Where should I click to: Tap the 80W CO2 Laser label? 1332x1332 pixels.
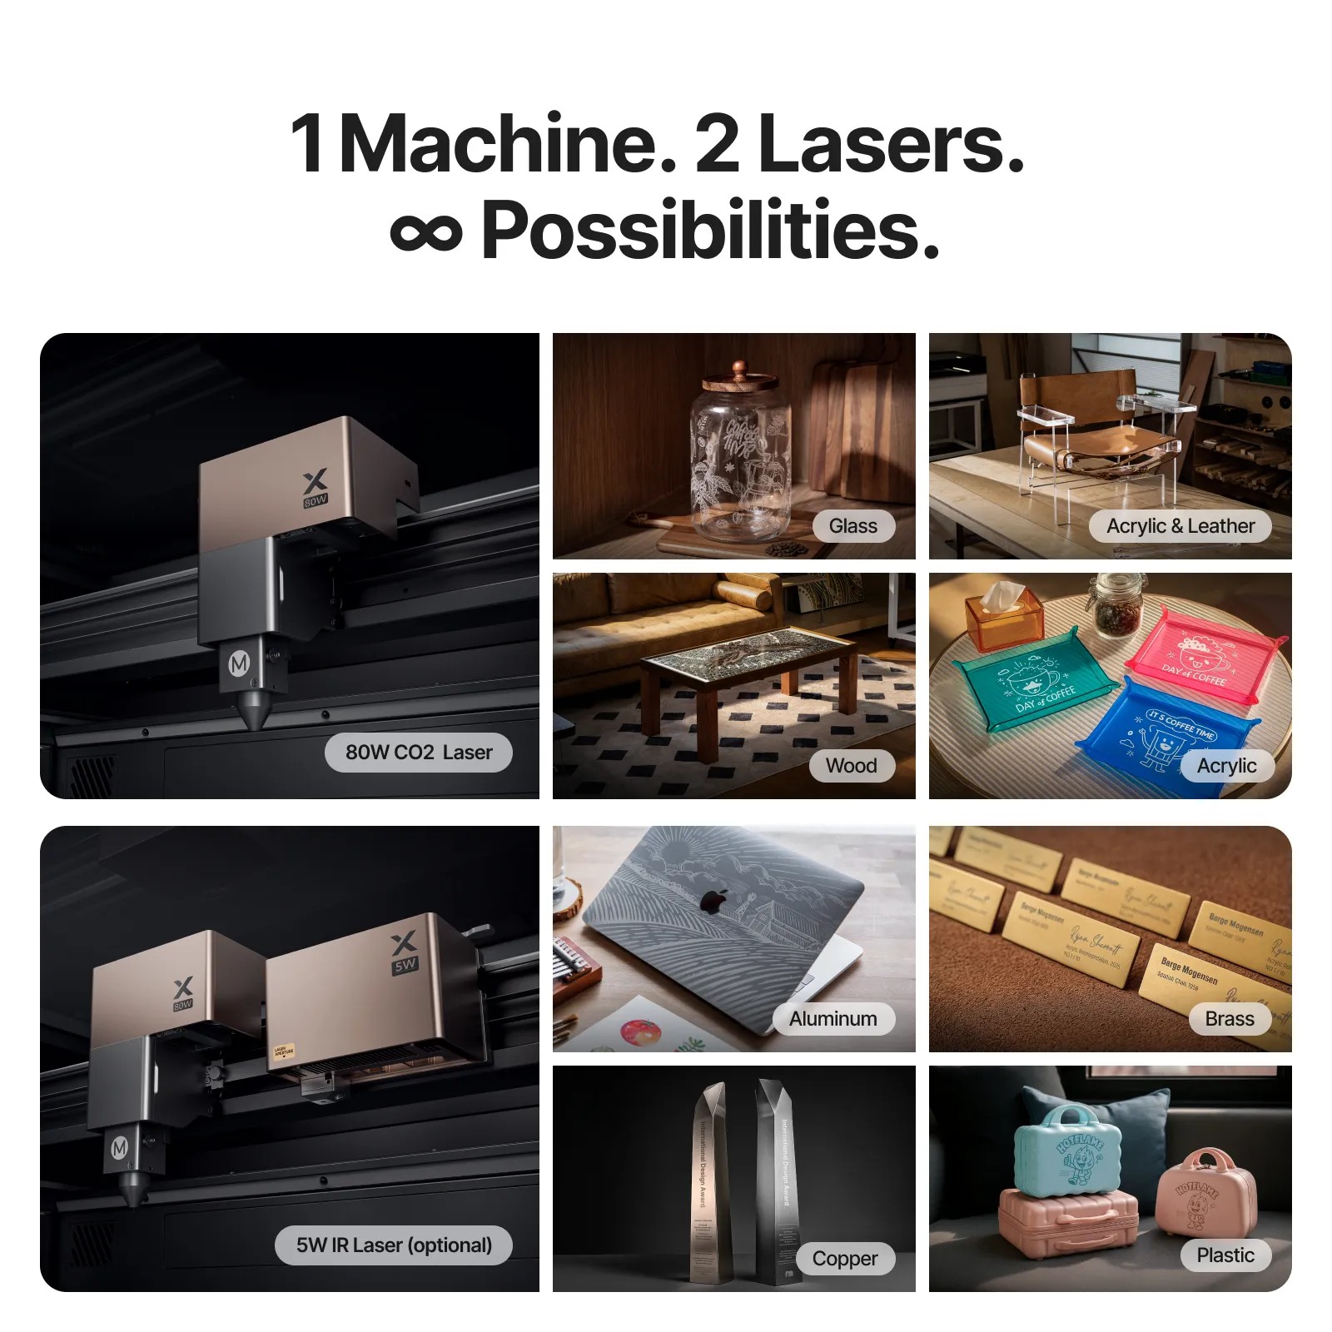(x=418, y=753)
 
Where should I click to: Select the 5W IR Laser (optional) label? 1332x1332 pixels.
(x=394, y=1245)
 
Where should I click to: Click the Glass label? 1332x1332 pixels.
(x=852, y=526)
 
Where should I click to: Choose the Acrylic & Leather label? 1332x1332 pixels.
(x=1180, y=526)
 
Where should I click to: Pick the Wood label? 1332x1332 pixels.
(x=851, y=766)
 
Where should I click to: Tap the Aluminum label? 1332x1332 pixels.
(x=832, y=1019)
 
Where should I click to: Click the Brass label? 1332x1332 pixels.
(x=1229, y=1019)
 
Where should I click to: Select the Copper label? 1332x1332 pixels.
(x=844, y=1259)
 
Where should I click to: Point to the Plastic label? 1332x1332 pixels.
(x=1225, y=1255)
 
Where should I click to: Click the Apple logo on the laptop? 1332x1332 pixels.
(x=711, y=901)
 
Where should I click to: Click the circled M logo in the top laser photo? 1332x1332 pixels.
(x=239, y=664)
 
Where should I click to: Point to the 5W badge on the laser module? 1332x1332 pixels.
(x=405, y=966)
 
